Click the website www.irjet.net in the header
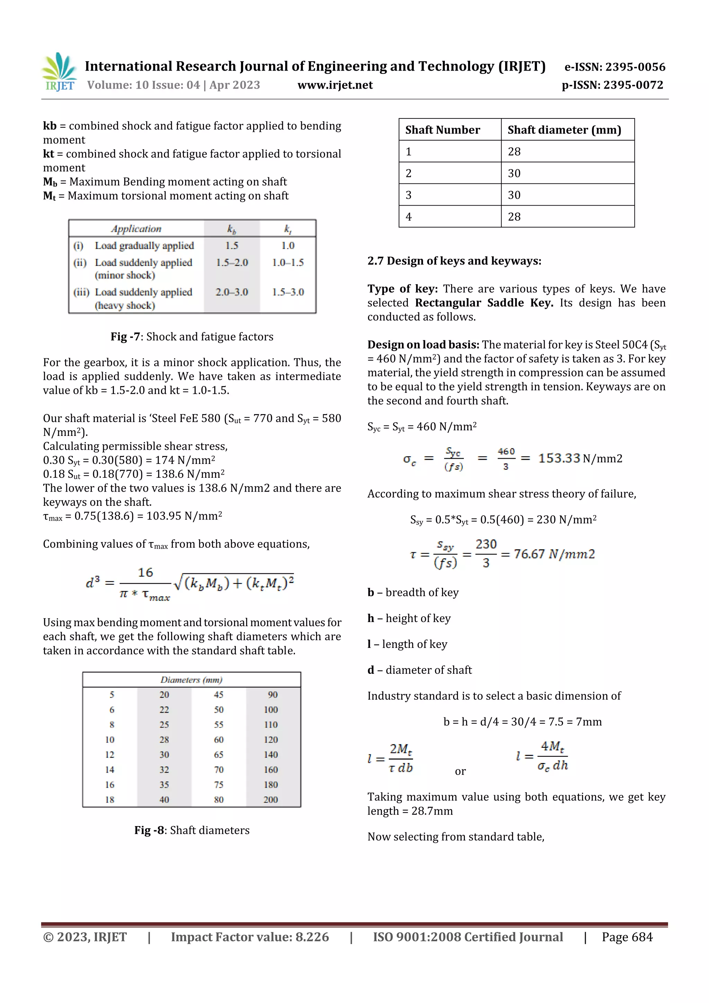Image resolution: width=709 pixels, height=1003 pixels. click(335, 85)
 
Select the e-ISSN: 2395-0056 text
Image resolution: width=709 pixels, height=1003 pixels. click(614, 67)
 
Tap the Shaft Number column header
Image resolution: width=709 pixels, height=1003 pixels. click(442, 130)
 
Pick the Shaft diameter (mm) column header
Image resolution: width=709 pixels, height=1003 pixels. click(564, 130)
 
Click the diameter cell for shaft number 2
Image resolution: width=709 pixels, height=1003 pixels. click(514, 173)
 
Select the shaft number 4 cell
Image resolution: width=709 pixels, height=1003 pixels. click(409, 217)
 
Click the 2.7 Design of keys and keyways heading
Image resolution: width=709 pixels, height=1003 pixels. click(454, 261)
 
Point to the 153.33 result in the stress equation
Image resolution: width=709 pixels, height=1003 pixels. click(559, 458)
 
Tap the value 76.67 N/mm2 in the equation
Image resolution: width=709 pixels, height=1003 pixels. click(554, 554)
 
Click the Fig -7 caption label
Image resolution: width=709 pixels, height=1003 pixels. click(125, 337)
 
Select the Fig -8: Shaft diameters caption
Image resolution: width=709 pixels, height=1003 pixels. click(192, 830)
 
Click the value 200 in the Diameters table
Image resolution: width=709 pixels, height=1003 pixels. click(270, 799)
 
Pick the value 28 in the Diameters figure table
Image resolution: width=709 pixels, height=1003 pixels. click(164, 740)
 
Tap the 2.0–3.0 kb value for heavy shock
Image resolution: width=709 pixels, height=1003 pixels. click(232, 292)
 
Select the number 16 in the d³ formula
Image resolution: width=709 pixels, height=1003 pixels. click(145, 572)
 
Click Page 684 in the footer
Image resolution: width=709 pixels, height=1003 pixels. click(627, 937)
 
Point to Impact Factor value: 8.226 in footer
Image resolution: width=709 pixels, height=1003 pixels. click(250, 937)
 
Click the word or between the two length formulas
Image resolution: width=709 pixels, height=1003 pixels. click(460, 771)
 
